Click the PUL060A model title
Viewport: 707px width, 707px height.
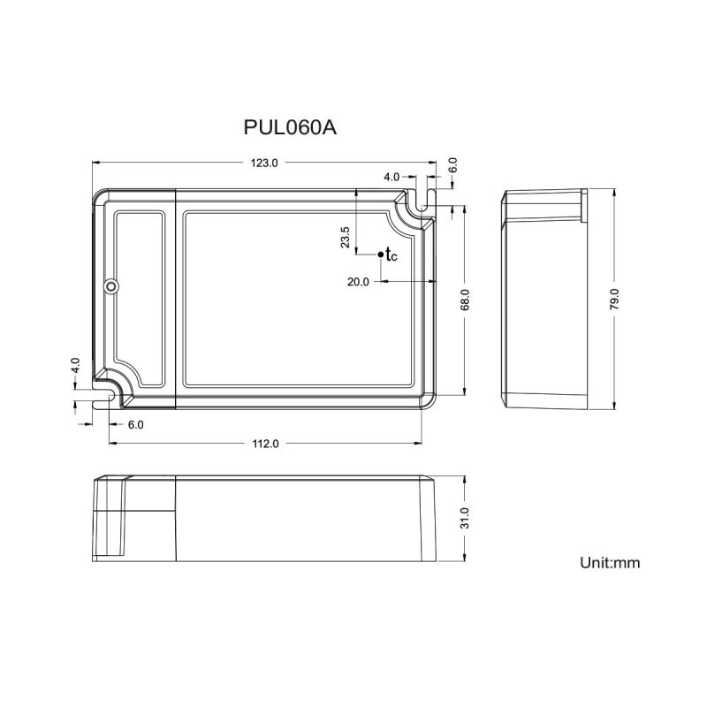[290, 127]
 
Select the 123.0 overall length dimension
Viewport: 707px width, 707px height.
[264, 163]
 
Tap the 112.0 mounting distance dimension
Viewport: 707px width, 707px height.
[265, 444]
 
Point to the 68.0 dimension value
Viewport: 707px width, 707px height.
[465, 300]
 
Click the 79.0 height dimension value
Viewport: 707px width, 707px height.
[614, 300]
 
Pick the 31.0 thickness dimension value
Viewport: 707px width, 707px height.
[465, 518]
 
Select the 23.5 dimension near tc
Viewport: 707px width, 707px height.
[345, 237]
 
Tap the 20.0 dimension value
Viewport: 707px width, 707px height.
[358, 282]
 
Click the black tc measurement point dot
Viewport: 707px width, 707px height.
[381, 255]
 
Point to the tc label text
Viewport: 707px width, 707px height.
[392, 255]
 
